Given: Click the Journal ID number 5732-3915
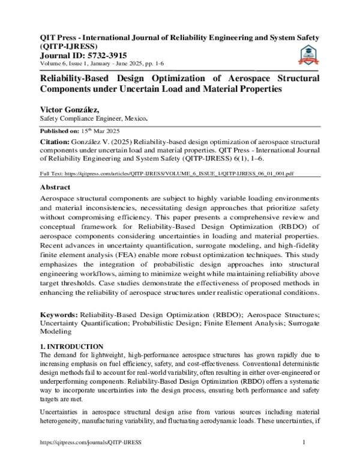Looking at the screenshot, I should pyautogui.click(x=108, y=55).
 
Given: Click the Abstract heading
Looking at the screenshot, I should pyautogui.click(x=56, y=187).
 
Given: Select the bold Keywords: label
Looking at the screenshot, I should pyautogui.click(x=58, y=315).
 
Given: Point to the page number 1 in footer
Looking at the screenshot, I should pyautogui.click(x=305, y=459).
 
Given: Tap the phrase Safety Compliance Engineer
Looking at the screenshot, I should pyautogui.click(x=74, y=119).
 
